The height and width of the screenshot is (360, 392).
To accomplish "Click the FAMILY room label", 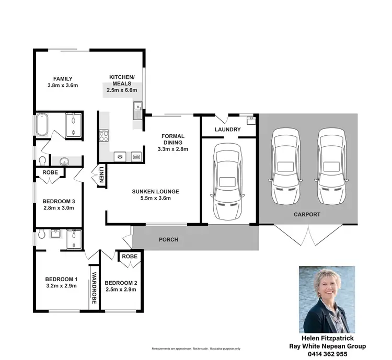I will click(62, 79).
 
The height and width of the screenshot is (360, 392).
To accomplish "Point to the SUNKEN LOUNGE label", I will click(155, 192).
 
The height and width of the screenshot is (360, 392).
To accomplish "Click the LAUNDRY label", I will click(227, 130).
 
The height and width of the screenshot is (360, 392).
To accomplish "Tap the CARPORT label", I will click(307, 215).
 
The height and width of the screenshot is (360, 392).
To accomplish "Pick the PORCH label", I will click(168, 240).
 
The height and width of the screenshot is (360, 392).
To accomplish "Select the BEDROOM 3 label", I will click(59, 202).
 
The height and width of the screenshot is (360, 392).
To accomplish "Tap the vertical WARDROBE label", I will click(95, 288).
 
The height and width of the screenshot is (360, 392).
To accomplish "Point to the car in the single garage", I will click(227, 181).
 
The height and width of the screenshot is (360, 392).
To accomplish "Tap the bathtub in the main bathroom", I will click(43, 125).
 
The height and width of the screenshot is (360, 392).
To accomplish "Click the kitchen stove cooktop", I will click(103, 137).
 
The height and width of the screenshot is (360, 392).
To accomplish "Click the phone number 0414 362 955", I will click(327, 354).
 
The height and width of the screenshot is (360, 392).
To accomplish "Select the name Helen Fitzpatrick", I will click(327, 339).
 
